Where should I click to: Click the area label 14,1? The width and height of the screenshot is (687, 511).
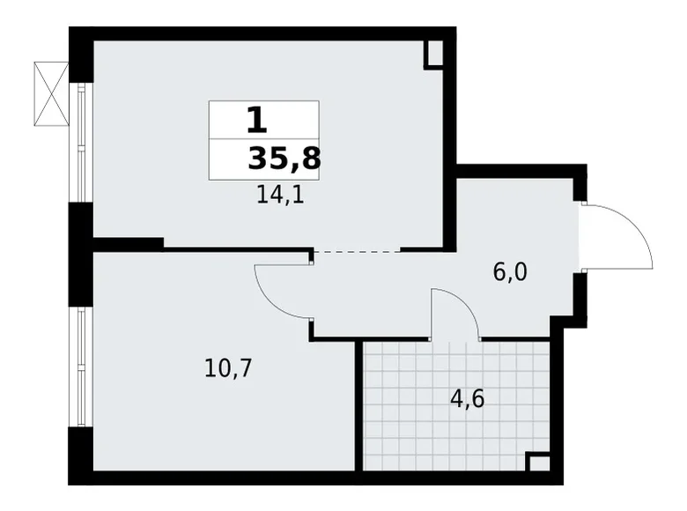pyautogui.click(x=280, y=196)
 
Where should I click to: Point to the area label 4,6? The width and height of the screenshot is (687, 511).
pyautogui.click(x=467, y=398)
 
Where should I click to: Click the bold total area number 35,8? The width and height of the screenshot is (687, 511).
pyautogui.click(x=284, y=159)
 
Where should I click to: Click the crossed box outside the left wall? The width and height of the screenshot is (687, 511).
pyautogui.click(x=51, y=93)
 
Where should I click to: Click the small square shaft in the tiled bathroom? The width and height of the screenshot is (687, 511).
pyautogui.click(x=538, y=463)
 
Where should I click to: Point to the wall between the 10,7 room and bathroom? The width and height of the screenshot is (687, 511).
pyautogui.click(x=358, y=405)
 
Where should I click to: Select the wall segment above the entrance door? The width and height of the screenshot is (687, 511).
pyautogui.click(x=579, y=186)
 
